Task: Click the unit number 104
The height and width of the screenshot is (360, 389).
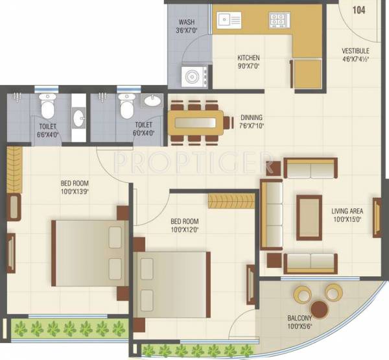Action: tap(359, 10)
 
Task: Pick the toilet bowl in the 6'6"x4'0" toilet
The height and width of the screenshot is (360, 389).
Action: tap(47, 102)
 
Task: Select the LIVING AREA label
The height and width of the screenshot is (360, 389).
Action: tap(347, 211)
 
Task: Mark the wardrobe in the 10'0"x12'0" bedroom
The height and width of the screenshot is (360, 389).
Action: tap(229, 201)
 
